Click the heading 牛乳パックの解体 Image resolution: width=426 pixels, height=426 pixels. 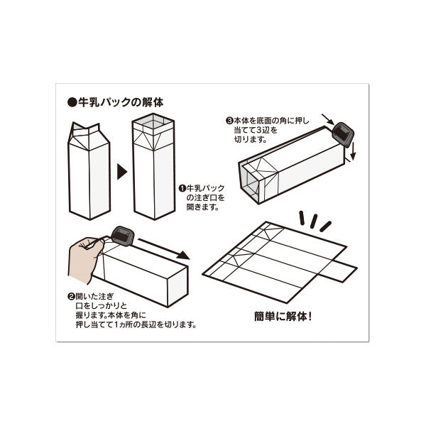(120, 103)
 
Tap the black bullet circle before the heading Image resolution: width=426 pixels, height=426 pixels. (72, 103)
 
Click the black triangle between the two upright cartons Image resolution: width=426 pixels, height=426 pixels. (121, 171)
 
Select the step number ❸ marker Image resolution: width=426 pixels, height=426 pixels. (229, 121)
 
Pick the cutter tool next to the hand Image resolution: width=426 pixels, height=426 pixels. (122, 235)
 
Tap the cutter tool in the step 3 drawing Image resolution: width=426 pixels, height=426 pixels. (343, 133)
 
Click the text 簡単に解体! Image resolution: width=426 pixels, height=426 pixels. (283, 315)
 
